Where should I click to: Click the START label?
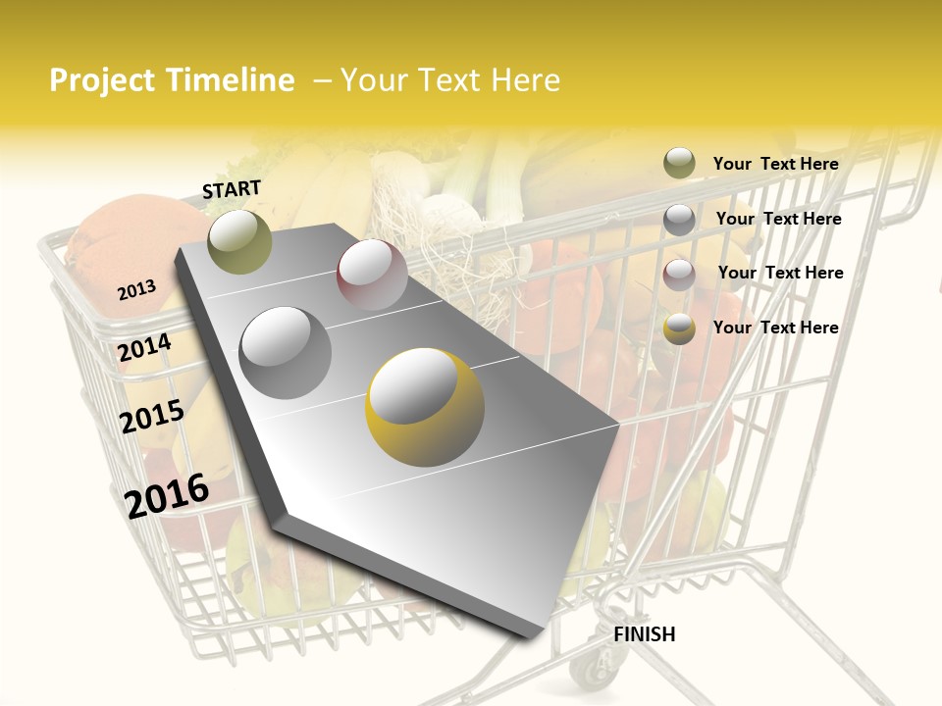click(232, 189)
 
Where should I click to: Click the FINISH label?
click(644, 634)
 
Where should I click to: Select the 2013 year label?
click(136, 290)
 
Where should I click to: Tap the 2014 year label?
click(145, 347)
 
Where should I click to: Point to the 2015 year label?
click(152, 416)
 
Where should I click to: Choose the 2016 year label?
click(167, 495)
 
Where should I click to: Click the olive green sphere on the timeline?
click(239, 241)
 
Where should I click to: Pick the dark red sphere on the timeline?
click(372, 274)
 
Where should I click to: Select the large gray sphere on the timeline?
click(286, 352)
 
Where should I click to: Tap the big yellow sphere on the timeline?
click(425, 407)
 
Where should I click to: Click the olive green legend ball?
click(679, 164)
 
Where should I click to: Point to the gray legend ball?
click(679, 220)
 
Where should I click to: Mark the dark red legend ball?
click(679, 274)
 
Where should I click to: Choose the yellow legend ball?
click(679, 328)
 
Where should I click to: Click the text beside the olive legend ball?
click(775, 164)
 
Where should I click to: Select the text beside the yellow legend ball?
click(775, 328)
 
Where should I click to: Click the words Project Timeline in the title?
click(172, 80)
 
